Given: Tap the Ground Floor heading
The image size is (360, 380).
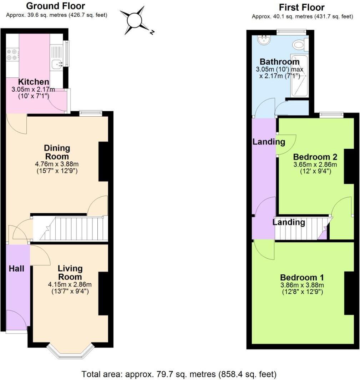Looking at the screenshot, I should [56, 6].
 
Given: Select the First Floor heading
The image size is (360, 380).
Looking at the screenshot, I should [302, 7].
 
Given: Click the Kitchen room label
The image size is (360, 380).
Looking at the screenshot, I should [34, 82].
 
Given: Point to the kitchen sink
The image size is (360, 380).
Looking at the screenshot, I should [57, 64].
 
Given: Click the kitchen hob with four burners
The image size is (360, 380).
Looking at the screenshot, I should [12, 55].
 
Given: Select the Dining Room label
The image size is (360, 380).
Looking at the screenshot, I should [57, 152].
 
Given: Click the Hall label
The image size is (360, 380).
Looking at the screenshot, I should [16, 268].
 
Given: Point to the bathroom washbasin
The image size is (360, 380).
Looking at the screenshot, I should [265, 40].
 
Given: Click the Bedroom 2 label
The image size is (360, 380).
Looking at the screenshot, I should [315, 157].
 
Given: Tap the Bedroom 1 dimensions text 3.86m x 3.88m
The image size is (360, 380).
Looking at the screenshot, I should [302, 285].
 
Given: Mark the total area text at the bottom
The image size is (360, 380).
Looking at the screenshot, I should [179, 374].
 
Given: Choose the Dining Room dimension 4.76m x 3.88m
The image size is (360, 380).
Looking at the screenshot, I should [57, 164].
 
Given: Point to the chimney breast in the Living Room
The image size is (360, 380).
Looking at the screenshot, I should [103, 293].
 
